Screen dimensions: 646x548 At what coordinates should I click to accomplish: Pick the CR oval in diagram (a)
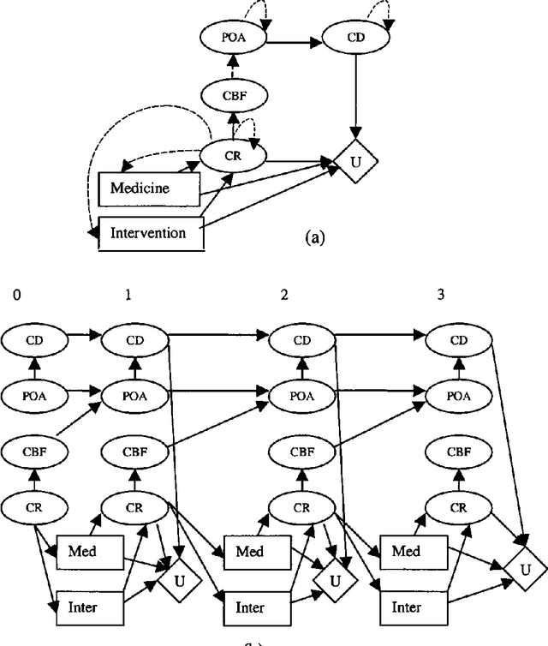click(x=232, y=156)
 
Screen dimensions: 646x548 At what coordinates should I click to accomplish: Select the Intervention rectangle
click(x=151, y=232)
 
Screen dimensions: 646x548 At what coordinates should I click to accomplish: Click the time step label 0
click(x=15, y=295)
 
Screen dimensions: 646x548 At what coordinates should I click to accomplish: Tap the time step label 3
click(x=440, y=295)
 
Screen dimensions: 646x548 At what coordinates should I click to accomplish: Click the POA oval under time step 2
click(x=302, y=395)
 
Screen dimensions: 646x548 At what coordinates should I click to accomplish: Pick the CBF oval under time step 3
click(x=458, y=450)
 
